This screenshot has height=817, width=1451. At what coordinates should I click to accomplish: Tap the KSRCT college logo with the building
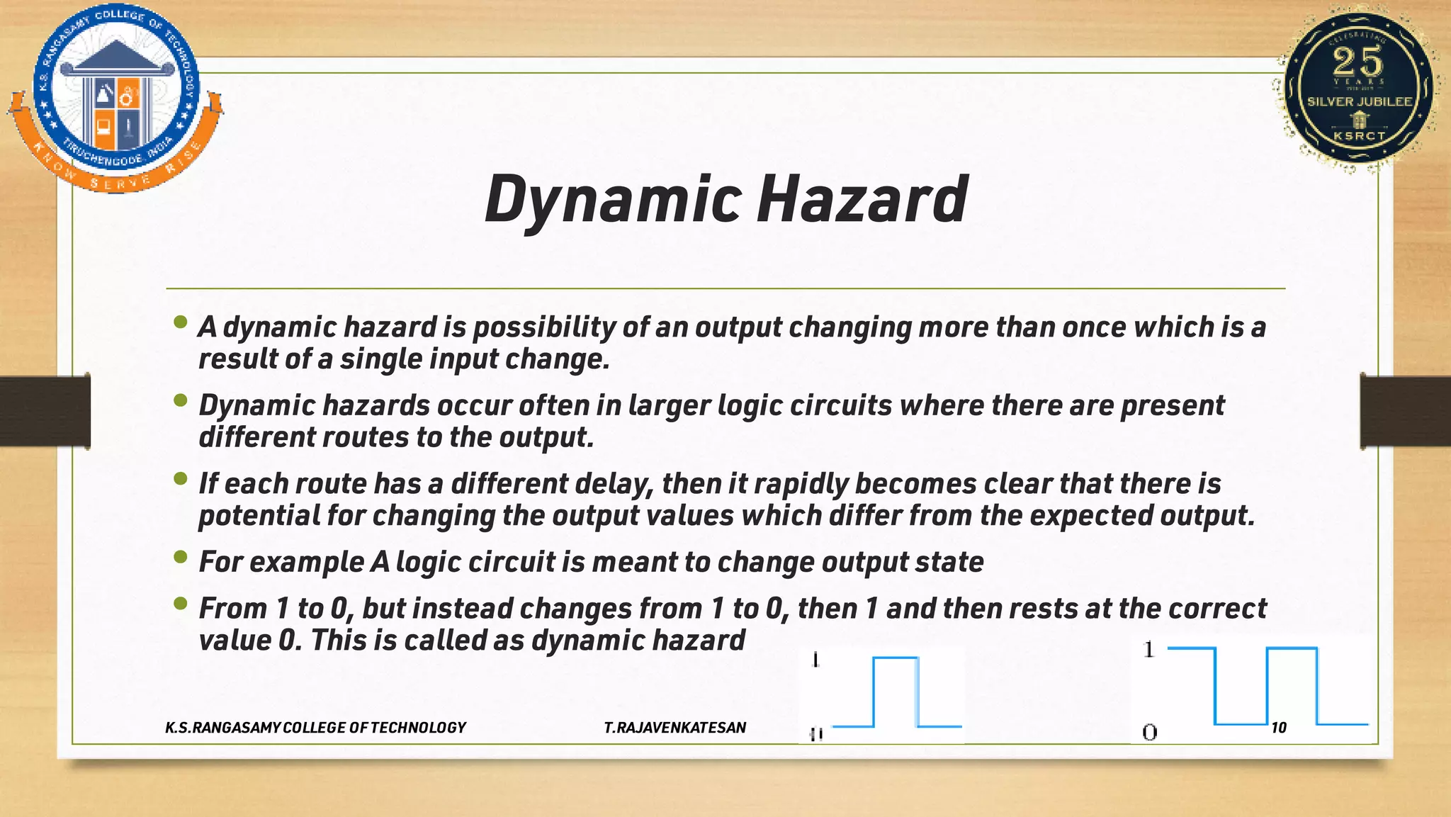[115, 98]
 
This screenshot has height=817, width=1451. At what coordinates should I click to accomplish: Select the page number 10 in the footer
[1278, 728]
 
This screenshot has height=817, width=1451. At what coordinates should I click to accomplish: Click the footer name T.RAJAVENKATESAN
[674, 728]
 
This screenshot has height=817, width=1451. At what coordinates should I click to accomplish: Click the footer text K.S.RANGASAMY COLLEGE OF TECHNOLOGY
[315, 728]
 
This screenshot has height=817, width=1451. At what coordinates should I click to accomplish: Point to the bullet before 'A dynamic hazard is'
[181, 324]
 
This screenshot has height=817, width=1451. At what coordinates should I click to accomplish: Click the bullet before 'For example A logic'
[181, 558]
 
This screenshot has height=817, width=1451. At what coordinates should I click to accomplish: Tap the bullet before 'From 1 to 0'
[181, 604]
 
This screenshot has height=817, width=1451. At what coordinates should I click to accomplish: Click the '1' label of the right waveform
[1149, 649]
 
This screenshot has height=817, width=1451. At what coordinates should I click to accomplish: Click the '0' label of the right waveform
[1149, 732]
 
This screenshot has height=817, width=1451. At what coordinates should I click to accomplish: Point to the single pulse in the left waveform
[896, 691]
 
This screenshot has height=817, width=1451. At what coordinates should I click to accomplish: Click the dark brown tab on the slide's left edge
[45, 411]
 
